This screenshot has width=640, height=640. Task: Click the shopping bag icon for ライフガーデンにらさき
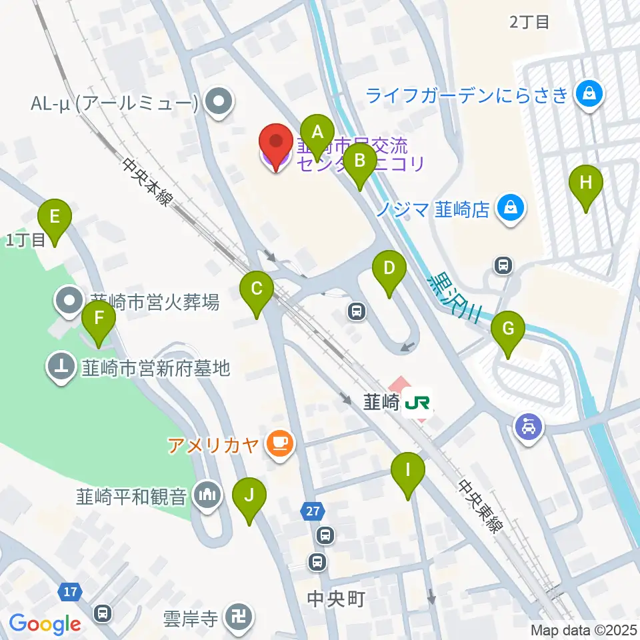click(590, 95)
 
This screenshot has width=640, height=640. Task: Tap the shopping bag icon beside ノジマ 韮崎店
click(511, 209)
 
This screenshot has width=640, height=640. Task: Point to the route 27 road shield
click(313, 510)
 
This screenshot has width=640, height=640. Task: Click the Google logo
click(45, 624)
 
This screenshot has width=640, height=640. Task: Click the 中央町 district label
click(336, 599)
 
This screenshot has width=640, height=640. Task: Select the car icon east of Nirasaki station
click(529, 425)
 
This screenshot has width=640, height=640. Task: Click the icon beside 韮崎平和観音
click(207, 496)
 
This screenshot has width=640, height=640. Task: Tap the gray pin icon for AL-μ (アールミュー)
click(217, 103)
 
